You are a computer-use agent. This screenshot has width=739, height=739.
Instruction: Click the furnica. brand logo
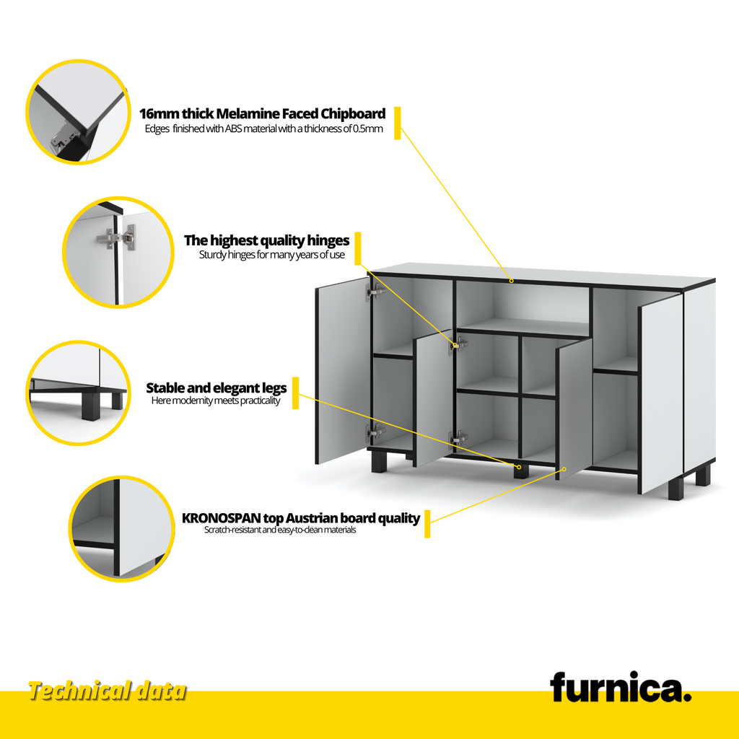pos(620,687)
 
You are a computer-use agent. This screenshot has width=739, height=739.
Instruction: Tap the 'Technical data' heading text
pos(108,691)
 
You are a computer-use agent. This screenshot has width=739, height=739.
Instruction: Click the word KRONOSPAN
pos(221,518)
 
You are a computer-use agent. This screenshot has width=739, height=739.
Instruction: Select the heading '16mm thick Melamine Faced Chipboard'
pos(262,113)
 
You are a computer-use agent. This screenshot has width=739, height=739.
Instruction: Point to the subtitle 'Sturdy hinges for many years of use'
pos(271,255)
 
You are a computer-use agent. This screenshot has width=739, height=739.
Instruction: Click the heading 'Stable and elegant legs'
pos(217,388)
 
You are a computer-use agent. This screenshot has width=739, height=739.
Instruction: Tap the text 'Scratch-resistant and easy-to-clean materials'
pos(280,530)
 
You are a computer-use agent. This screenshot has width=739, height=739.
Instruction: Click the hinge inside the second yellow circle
pos(117,237)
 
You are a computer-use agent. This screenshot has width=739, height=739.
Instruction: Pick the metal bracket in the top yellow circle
pos(64,136)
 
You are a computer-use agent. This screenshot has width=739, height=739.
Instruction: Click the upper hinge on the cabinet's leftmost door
pos(375,292)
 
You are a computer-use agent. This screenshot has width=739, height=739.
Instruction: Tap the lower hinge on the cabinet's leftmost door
pos(375,432)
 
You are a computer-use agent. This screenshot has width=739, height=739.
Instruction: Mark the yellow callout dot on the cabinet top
pos(512,281)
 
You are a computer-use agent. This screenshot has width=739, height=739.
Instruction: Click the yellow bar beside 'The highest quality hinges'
pos(358,248)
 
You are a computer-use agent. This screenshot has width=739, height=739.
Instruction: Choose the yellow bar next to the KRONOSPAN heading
pos(427,524)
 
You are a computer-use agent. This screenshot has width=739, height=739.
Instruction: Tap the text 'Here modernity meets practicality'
pos(215,401)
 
